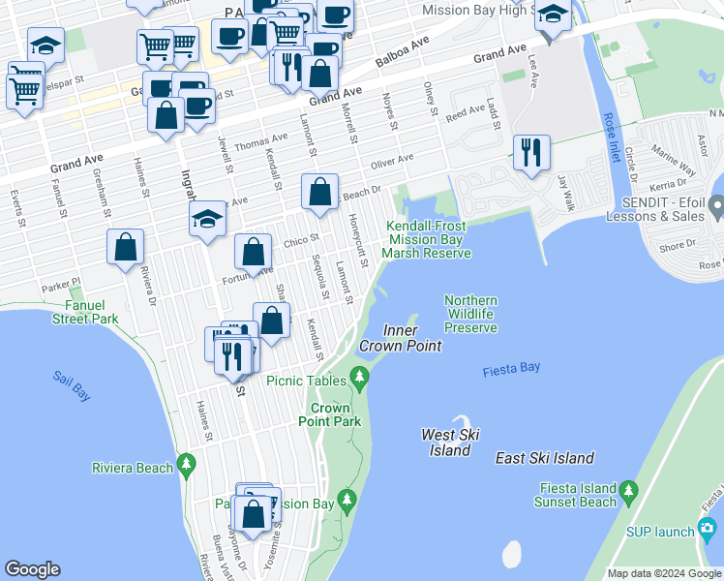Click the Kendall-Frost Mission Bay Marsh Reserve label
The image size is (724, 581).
426,239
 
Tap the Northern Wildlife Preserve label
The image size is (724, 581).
470,315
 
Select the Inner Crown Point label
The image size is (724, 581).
400,338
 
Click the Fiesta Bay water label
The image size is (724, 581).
511,368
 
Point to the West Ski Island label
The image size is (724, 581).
450,443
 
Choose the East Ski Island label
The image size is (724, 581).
544,458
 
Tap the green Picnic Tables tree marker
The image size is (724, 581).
360,380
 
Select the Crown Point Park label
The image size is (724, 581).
329,414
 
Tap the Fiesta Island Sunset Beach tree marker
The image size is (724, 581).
629,489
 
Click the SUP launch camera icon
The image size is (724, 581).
708,530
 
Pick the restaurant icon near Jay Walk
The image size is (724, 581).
531,153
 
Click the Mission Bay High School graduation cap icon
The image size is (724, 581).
552,15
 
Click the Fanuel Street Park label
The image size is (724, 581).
57,312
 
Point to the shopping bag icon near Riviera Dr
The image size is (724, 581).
126,248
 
